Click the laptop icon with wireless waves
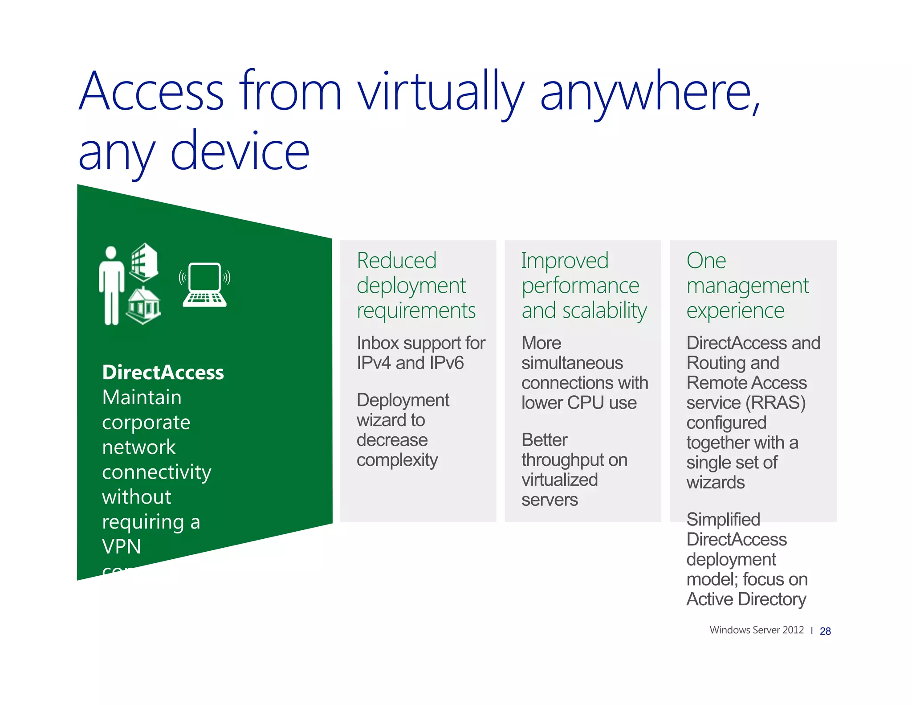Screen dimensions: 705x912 coord(204,284)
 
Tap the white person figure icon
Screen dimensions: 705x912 coord(111,286)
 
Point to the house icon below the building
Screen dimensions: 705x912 coord(143,306)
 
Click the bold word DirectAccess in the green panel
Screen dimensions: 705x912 coord(163,373)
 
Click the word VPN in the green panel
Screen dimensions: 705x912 coord(121,546)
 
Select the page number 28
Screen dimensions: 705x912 coord(825,631)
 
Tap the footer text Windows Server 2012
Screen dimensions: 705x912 coord(756,630)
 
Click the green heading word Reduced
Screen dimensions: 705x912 coord(396,261)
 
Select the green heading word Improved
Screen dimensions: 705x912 coord(565,261)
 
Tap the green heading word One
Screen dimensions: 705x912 coord(706,261)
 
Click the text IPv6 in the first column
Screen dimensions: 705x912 coord(447,363)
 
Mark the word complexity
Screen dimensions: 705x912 coord(397,460)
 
